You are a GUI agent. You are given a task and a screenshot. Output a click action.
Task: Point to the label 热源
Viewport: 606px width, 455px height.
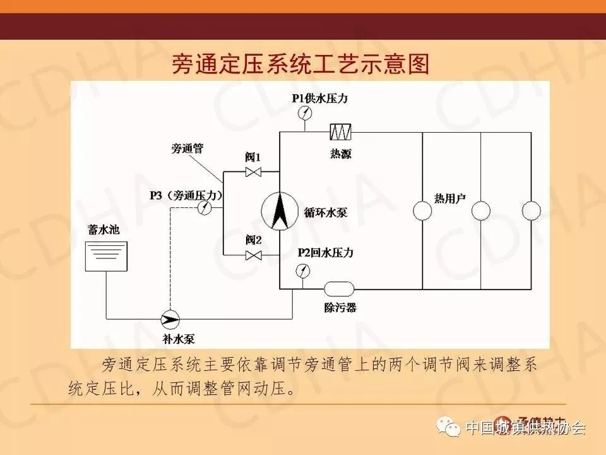[x=340, y=153]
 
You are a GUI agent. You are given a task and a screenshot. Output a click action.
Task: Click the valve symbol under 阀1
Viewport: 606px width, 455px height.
[x=254, y=173]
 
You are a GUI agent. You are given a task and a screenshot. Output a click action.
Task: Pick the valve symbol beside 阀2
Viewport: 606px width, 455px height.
[x=254, y=255]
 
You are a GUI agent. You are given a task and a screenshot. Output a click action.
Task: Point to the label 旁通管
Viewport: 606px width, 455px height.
[x=187, y=149]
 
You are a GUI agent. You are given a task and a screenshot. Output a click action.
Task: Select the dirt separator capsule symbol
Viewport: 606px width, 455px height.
[x=340, y=289]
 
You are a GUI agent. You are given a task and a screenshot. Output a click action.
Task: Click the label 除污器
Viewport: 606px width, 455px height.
[x=340, y=308]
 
